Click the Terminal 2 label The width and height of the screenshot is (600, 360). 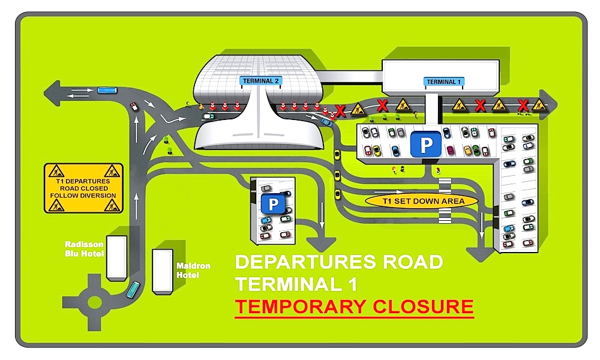[261, 80]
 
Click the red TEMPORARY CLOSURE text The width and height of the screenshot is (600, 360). [354, 307]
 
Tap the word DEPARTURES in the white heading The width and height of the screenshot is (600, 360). [301, 262]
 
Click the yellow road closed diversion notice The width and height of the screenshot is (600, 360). [83, 188]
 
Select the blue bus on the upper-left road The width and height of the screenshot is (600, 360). [106, 90]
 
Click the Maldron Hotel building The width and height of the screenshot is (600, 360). [162, 271]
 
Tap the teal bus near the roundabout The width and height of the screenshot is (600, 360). [133, 290]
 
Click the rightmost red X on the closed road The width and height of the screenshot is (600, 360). [523, 106]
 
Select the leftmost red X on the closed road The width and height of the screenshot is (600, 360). [340, 110]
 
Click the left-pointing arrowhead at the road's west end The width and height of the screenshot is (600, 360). [52, 94]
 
